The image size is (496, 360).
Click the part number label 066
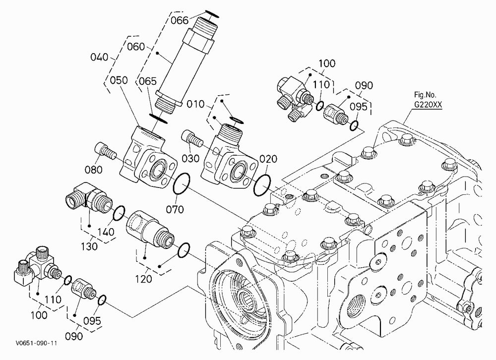click(180, 20)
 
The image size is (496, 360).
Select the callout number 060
click(136, 47)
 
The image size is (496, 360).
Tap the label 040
click(99, 57)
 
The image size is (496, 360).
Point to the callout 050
click(119, 80)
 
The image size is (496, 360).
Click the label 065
click(148, 81)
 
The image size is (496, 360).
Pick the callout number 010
click(195, 104)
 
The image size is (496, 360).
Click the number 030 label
click(190, 158)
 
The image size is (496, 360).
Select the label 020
click(268, 159)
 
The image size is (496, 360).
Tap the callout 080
click(94, 170)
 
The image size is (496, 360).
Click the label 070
click(175, 209)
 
